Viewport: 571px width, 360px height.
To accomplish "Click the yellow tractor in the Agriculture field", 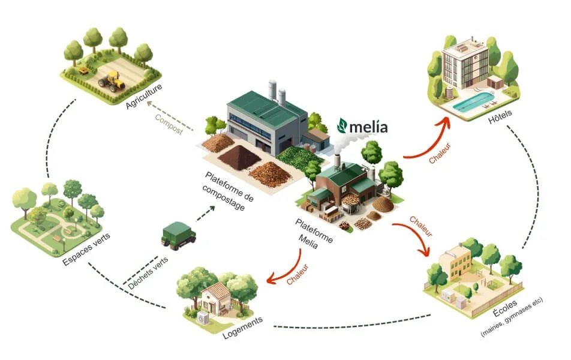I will coord(111,81).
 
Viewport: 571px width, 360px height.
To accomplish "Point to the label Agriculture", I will coord(145,97).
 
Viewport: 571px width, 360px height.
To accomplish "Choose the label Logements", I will coord(242,329).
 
